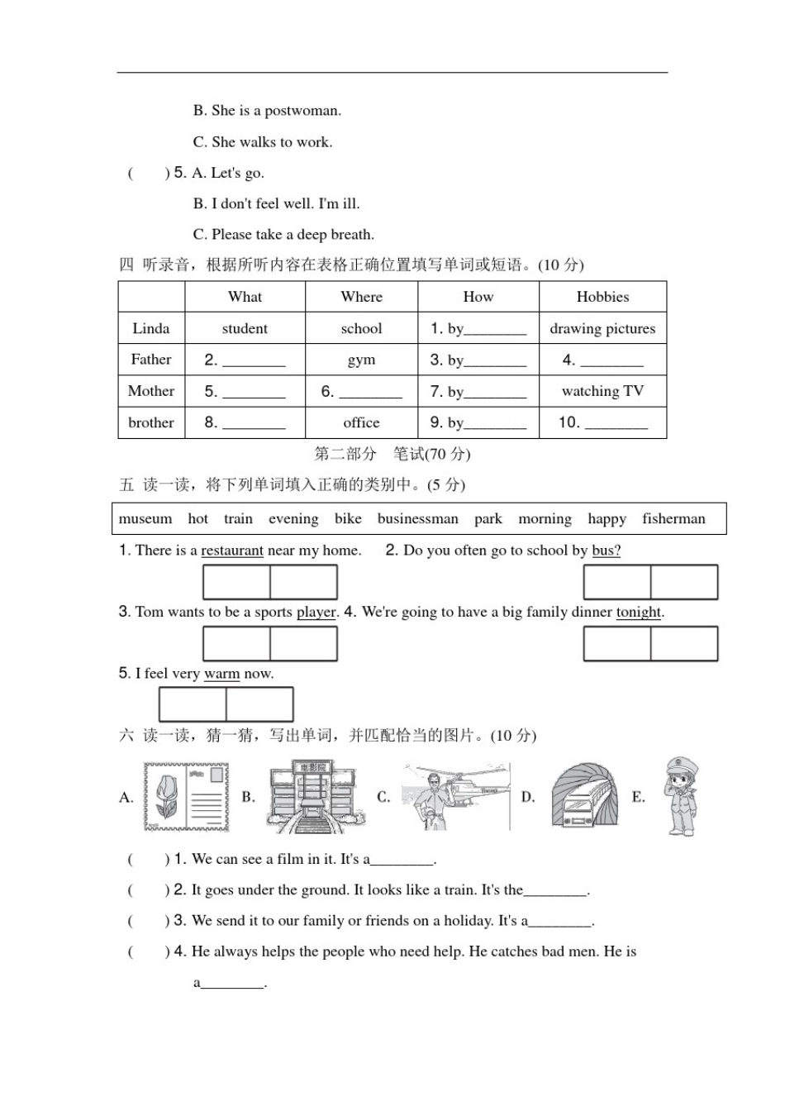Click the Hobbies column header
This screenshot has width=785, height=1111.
pos(602,297)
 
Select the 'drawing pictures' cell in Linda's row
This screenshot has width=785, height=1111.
pos(602,328)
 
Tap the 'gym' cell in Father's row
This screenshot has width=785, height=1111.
pos(361,360)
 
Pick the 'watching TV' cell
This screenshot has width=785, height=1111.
pos(602,391)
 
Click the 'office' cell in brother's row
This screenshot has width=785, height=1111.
pos(361,422)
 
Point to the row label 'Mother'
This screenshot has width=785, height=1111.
pos(151,391)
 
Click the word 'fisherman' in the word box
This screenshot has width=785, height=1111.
pos(673,519)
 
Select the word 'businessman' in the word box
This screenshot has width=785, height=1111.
pos(417,519)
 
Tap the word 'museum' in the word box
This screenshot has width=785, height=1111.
pos(145,519)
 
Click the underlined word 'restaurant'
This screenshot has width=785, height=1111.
pos(232,551)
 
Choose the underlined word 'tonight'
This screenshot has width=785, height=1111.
pos(639,613)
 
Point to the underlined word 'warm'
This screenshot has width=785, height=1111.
pos(221,675)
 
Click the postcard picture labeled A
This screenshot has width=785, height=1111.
pos(186,797)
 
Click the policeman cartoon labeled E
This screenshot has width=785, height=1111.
pos(679,795)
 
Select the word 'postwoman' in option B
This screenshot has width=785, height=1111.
pos(302,111)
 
